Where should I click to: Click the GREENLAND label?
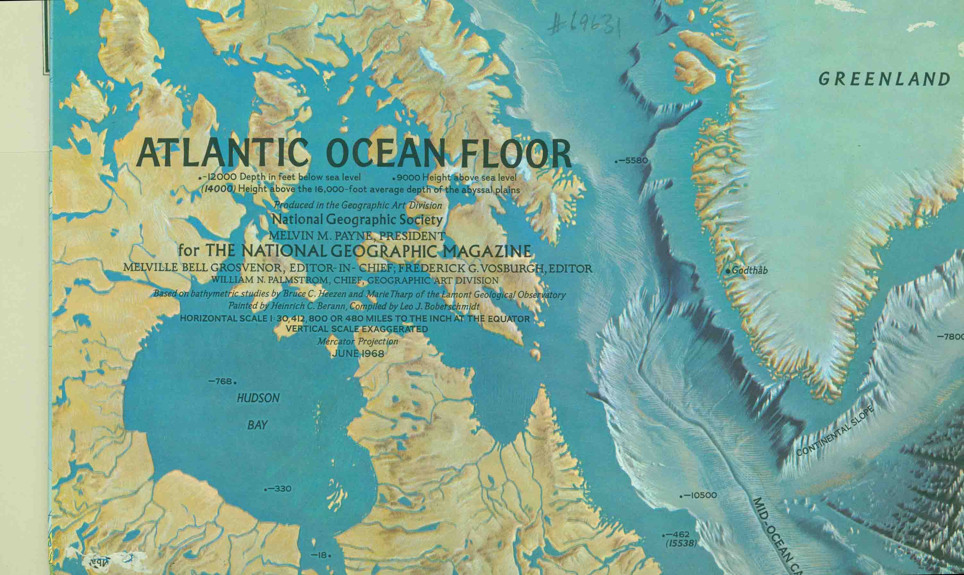(x=884, y=79)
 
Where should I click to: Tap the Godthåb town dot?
(x=728, y=271)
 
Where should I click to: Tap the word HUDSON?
(x=258, y=398)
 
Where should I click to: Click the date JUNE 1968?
(x=358, y=354)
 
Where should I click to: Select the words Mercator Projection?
(x=357, y=342)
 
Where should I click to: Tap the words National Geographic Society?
(x=357, y=220)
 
